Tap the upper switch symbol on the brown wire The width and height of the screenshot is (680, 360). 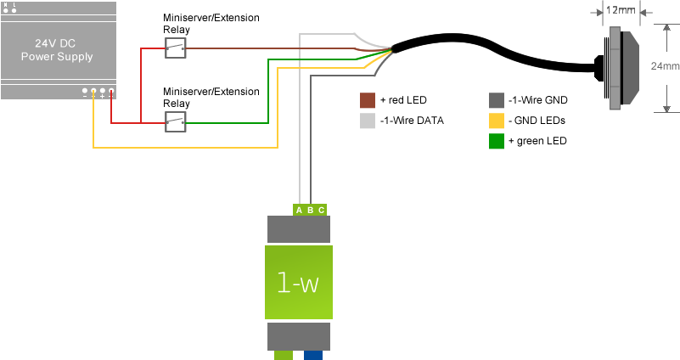(176, 48)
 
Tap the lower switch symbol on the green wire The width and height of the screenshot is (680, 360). (176, 123)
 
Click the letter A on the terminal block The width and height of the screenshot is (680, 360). (299, 210)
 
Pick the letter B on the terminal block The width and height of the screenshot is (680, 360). (310, 210)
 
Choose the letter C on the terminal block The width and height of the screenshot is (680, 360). (321, 210)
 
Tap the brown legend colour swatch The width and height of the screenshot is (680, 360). (368, 100)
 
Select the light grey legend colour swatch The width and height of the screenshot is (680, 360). (368, 121)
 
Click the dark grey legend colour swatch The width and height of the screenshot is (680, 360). (497, 100)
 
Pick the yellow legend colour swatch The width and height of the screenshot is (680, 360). (497, 121)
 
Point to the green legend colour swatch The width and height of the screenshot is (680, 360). (497, 141)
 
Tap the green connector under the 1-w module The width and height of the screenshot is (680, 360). (283, 355)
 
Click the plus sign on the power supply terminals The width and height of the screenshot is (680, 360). (102, 96)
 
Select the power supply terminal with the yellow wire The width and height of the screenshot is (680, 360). (93, 91)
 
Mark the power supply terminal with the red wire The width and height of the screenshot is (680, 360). (111, 91)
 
